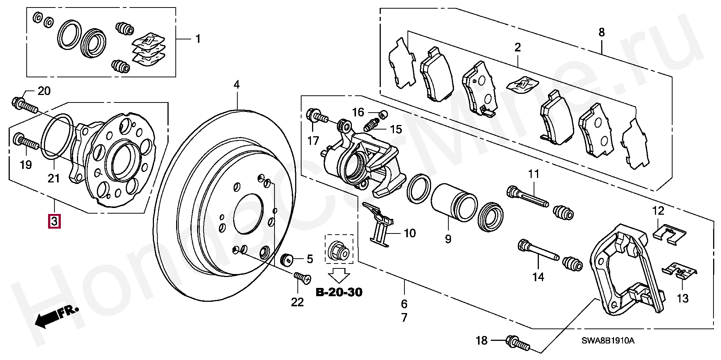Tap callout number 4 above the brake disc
(236, 85)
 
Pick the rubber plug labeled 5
(288, 259)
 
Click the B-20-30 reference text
(339, 292)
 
